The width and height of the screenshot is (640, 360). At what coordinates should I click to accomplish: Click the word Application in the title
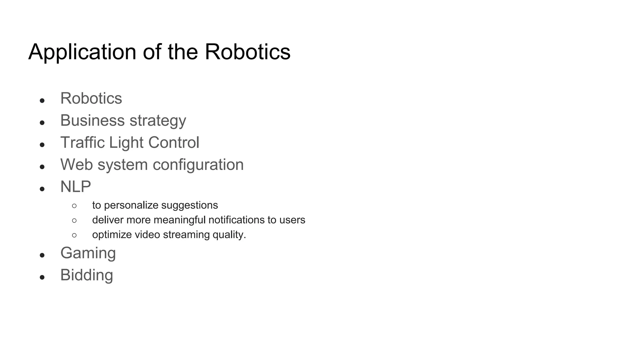[82, 52]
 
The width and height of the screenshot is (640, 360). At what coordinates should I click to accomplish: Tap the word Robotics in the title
[247, 52]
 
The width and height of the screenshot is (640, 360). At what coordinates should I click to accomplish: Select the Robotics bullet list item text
[91, 98]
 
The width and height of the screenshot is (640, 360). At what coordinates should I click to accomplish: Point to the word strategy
[158, 121]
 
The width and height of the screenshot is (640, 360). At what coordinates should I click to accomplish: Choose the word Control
[173, 142]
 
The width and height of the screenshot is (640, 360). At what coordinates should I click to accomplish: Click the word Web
[76, 164]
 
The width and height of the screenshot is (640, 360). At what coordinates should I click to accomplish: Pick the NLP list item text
[76, 187]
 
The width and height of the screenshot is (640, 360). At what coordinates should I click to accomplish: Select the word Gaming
[88, 253]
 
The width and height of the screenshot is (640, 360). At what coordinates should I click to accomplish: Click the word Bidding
[87, 275]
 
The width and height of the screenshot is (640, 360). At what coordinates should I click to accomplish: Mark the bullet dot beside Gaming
[42, 255]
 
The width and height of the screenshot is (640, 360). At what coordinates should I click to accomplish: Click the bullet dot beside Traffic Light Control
[42, 145]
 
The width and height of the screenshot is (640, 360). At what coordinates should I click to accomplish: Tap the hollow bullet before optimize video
[74, 235]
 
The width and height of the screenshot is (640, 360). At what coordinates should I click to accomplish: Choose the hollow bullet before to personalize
[74, 206]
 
